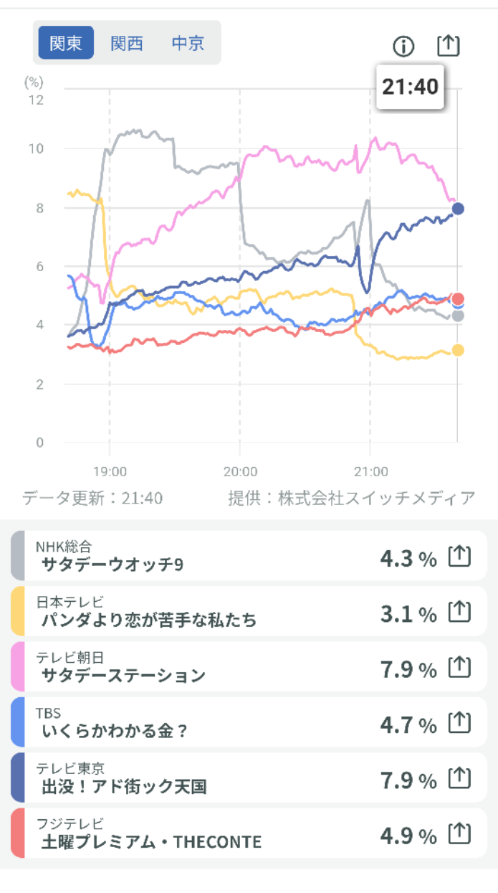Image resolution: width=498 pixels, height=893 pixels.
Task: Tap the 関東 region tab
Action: [66, 43]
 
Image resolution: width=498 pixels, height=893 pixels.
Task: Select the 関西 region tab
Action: [127, 43]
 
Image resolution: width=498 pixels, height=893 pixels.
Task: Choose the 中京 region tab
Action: [188, 43]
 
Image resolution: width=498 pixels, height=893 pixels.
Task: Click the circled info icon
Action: [404, 47]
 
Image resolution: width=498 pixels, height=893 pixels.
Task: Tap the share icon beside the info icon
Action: [448, 45]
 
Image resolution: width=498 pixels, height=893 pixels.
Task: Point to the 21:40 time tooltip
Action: [410, 88]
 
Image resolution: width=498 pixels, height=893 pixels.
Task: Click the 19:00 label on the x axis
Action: [110, 471]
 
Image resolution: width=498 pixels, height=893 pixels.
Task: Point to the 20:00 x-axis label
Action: [240, 471]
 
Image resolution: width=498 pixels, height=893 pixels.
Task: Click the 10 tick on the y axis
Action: [35, 148]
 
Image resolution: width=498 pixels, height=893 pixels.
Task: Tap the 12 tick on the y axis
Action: [35, 100]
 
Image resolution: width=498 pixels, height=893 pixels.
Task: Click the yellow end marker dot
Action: [458, 350]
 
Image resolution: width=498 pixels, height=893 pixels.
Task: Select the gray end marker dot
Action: [458, 316]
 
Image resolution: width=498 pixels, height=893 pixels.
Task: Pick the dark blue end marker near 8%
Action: [458, 209]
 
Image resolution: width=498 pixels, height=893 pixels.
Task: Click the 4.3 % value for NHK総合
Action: [408, 559]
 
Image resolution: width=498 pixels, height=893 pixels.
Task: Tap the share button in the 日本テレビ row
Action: [459, 612]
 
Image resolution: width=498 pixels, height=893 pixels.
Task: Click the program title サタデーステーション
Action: [123, 675]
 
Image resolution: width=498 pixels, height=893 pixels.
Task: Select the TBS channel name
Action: [48, 713]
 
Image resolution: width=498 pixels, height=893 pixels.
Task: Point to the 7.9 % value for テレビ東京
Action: [408, 780]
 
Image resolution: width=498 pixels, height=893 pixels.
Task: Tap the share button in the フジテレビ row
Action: [459, 834]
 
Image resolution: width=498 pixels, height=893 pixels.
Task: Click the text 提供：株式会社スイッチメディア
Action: [351, 498]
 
